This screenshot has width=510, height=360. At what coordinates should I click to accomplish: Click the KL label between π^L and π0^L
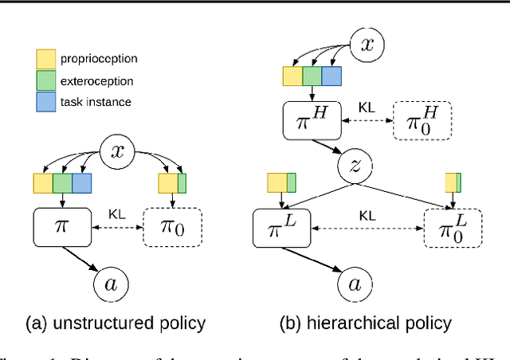[367, 215]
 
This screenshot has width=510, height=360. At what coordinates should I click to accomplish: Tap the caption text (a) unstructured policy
[115, 323]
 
